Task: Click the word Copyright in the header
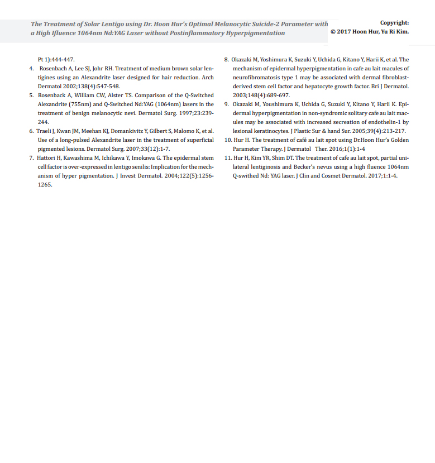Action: coord(394,23)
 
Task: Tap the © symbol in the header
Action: coord(333,32)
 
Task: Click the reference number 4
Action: coord(31,68)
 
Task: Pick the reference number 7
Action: coord(31,158)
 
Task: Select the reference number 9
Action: coord(226,104)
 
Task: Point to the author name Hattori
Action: coord(49,158)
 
